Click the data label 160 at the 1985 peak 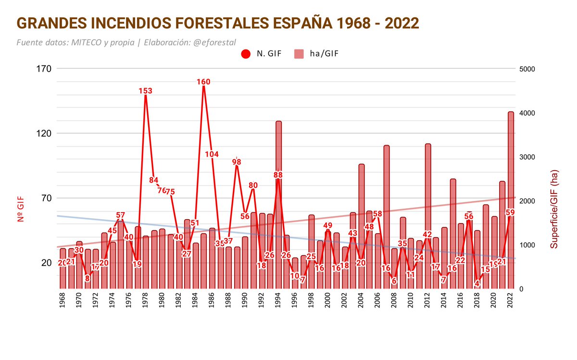203,82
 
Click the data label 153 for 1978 145,91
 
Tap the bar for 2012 428,216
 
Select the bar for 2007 387,216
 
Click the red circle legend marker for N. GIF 246,54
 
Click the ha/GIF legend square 298,54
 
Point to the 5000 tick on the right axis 527,69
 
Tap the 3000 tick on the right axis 527,157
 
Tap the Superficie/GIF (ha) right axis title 554,209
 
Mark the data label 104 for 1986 212,154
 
